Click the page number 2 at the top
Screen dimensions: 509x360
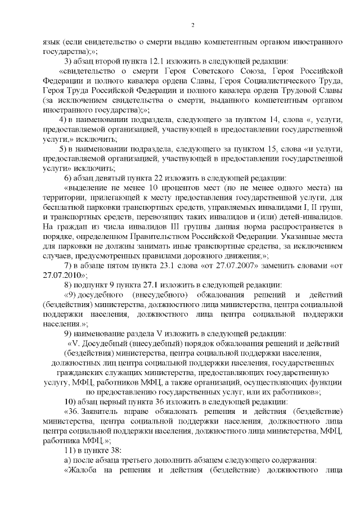[x=192, y=25]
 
